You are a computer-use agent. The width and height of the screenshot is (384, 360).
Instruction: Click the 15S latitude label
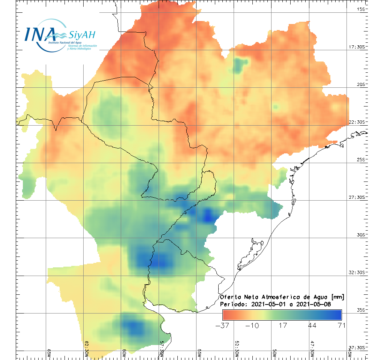(x=361, y=9)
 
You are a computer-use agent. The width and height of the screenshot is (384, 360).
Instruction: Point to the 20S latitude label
(x=361, y=84)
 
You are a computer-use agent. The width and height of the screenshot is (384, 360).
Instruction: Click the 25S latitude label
(x=361, y=159)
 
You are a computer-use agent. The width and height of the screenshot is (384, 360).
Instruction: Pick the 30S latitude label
(x=361, y=235)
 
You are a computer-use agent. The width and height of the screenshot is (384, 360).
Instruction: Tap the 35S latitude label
(x=361, y=310)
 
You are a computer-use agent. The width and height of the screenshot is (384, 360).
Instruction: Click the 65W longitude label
(x=49, y=353)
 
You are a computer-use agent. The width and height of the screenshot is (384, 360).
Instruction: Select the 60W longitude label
(x=124, y=353)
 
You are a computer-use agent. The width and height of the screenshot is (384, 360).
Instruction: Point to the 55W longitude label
(x=199, y=353)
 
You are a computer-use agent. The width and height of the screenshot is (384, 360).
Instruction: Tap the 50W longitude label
(x=274, y=353)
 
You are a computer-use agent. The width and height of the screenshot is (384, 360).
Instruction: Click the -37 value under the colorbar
(x=223, y=325)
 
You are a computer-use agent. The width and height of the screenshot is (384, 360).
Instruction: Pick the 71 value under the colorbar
(x=341, y=325)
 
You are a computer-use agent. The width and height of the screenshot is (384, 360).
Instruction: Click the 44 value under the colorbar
(x=311, y=325)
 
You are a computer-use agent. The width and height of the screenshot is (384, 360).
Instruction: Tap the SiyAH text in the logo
(x=81, y=35)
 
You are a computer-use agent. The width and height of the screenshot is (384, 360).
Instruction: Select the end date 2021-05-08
(x=313, y=304)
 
